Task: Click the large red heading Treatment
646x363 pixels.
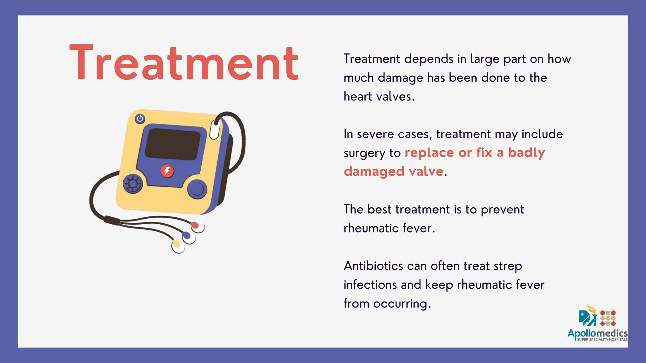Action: coord(184,63)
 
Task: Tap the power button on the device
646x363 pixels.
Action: coord(140,119)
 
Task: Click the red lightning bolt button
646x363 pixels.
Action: coord(167,171)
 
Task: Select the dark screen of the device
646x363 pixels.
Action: coord(173,143)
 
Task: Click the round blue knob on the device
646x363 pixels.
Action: coord(197,189)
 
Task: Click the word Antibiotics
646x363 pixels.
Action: coord(373,266)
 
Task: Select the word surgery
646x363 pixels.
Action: coord(364,153)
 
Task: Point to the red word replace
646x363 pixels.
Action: coord(429,153)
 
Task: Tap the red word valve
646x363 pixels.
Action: coord(426,171)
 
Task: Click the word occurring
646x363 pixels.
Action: coord(402,303)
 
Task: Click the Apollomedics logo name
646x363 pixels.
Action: coord(597,333)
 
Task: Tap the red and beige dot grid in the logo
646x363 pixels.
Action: coord(608,318)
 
